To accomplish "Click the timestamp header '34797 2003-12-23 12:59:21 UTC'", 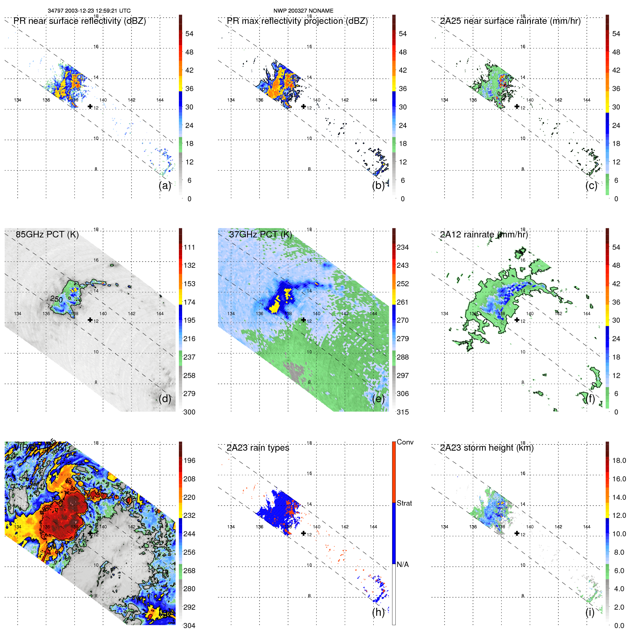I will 89,11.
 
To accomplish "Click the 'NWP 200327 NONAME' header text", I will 303,11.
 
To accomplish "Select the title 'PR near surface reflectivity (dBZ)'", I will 80,21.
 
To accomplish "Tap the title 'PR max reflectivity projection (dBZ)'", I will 297,21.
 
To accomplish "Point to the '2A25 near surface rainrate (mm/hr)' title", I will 510,21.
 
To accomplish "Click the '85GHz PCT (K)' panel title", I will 47,235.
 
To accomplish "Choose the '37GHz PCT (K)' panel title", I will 260,235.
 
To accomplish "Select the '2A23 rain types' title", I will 258,448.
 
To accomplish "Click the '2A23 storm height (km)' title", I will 487,448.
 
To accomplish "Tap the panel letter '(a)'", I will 165,185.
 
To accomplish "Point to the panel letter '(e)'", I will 378,399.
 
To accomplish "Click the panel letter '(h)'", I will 378,612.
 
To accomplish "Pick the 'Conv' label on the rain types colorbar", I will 405,442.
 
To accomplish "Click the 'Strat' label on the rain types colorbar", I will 404,503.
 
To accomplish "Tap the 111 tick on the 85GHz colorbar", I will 189,247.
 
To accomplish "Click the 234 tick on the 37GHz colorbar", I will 403,247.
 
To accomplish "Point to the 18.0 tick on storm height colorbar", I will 619,460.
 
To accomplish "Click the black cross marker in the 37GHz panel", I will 304,320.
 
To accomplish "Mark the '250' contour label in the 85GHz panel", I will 56,299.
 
